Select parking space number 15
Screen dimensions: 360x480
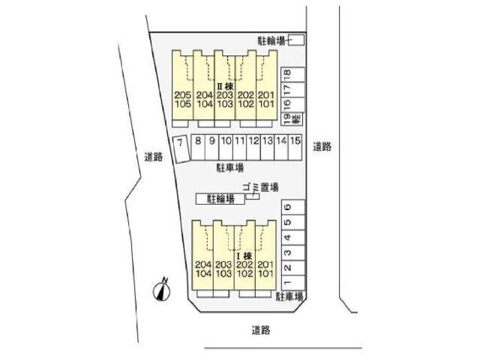coord(296,140)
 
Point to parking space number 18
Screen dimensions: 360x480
coord(286,73)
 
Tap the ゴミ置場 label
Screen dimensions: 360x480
coord(260,187)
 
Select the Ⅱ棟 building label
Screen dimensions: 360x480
coord(225,87)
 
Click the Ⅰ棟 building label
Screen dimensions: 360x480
coord(245,256)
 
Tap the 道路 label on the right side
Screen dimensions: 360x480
coord(322,147)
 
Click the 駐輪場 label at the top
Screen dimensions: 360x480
coord(271,40)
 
